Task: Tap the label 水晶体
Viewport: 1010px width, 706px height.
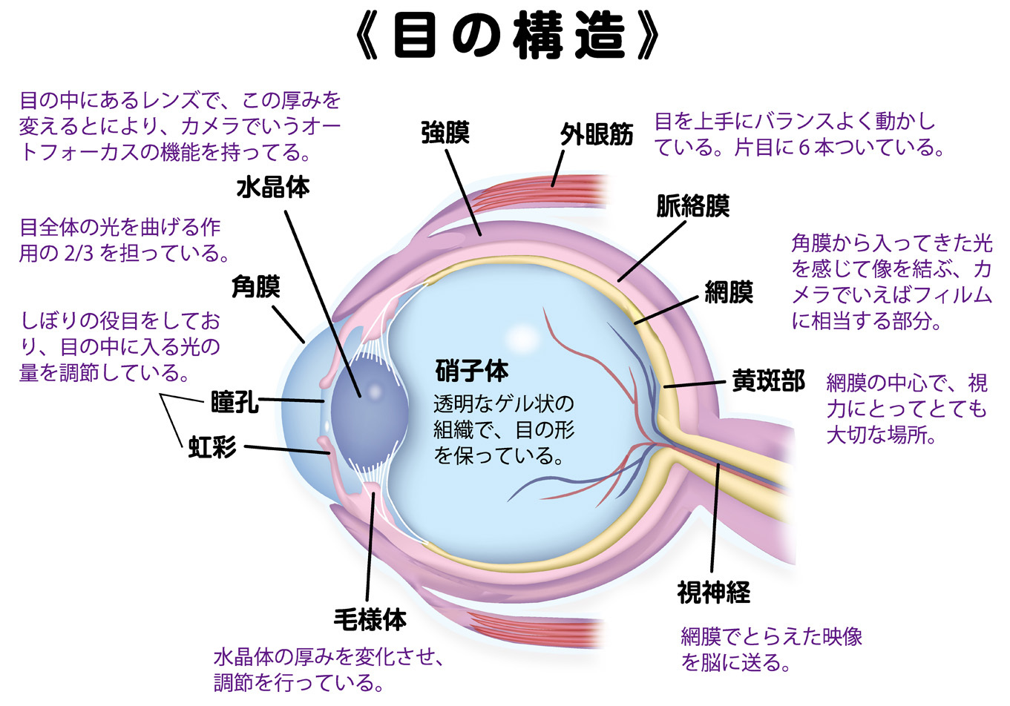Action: (273, 187)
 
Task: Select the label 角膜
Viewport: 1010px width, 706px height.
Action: (256, 286)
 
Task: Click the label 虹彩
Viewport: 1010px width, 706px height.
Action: (212, 447)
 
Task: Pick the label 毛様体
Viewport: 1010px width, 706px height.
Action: (370, 618)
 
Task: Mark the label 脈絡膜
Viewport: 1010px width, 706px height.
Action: (692, 205)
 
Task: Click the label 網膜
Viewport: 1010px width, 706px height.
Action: (729, 292)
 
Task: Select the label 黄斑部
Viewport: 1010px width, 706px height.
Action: (768, 380)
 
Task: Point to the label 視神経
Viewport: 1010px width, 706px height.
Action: (713, 592)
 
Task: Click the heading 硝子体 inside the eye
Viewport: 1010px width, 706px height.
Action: (472, 370)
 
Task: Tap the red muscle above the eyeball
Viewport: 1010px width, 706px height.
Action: (579, 191)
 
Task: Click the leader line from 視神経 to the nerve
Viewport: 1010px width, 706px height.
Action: (715, 519)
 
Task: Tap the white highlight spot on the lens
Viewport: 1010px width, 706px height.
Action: (374, 391)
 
